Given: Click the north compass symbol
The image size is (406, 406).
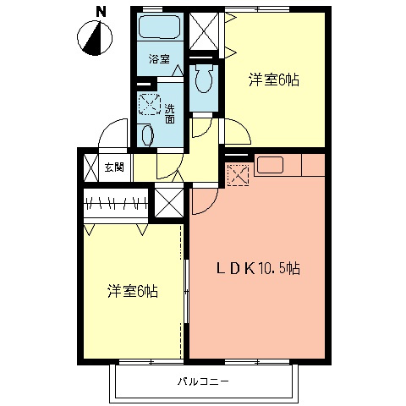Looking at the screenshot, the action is (x=95, y=38).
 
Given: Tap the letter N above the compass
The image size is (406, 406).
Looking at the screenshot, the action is (x=101, y=12).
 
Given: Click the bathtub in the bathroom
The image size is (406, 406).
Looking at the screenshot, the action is (x=160, y=26).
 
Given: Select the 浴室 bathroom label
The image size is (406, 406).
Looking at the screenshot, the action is (x=159, y=59).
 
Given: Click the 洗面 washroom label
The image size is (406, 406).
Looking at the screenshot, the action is (x=169, y=113).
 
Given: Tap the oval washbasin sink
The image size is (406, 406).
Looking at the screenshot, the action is (x=147, y=135).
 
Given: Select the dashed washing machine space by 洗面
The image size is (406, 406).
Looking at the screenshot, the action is (x=150, y=104).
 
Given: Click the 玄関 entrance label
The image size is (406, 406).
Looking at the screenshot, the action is (x=114, y=167).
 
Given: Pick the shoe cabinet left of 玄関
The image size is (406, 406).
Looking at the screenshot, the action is (x=91, y=168).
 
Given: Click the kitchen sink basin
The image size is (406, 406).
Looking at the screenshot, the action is (x=270, y=165).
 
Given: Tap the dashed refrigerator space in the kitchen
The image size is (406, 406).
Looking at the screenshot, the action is (x=239, y=175).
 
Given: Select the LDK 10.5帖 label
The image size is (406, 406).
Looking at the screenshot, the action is (x=258, y=268).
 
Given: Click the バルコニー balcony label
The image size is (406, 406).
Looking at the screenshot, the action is (x=203, y=381).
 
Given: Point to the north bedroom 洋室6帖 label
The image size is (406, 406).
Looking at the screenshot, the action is (x=273, y=80).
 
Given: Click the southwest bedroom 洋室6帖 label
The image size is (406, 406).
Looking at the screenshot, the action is (x=133, y=291).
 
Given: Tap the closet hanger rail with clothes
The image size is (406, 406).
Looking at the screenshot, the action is (x=116, y=203).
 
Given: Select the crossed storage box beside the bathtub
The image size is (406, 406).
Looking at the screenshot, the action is (x=204, y=31).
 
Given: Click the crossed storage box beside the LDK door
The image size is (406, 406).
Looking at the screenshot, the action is (x=169, y=203).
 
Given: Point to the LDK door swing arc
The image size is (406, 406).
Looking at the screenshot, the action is (x=211, y=205).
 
